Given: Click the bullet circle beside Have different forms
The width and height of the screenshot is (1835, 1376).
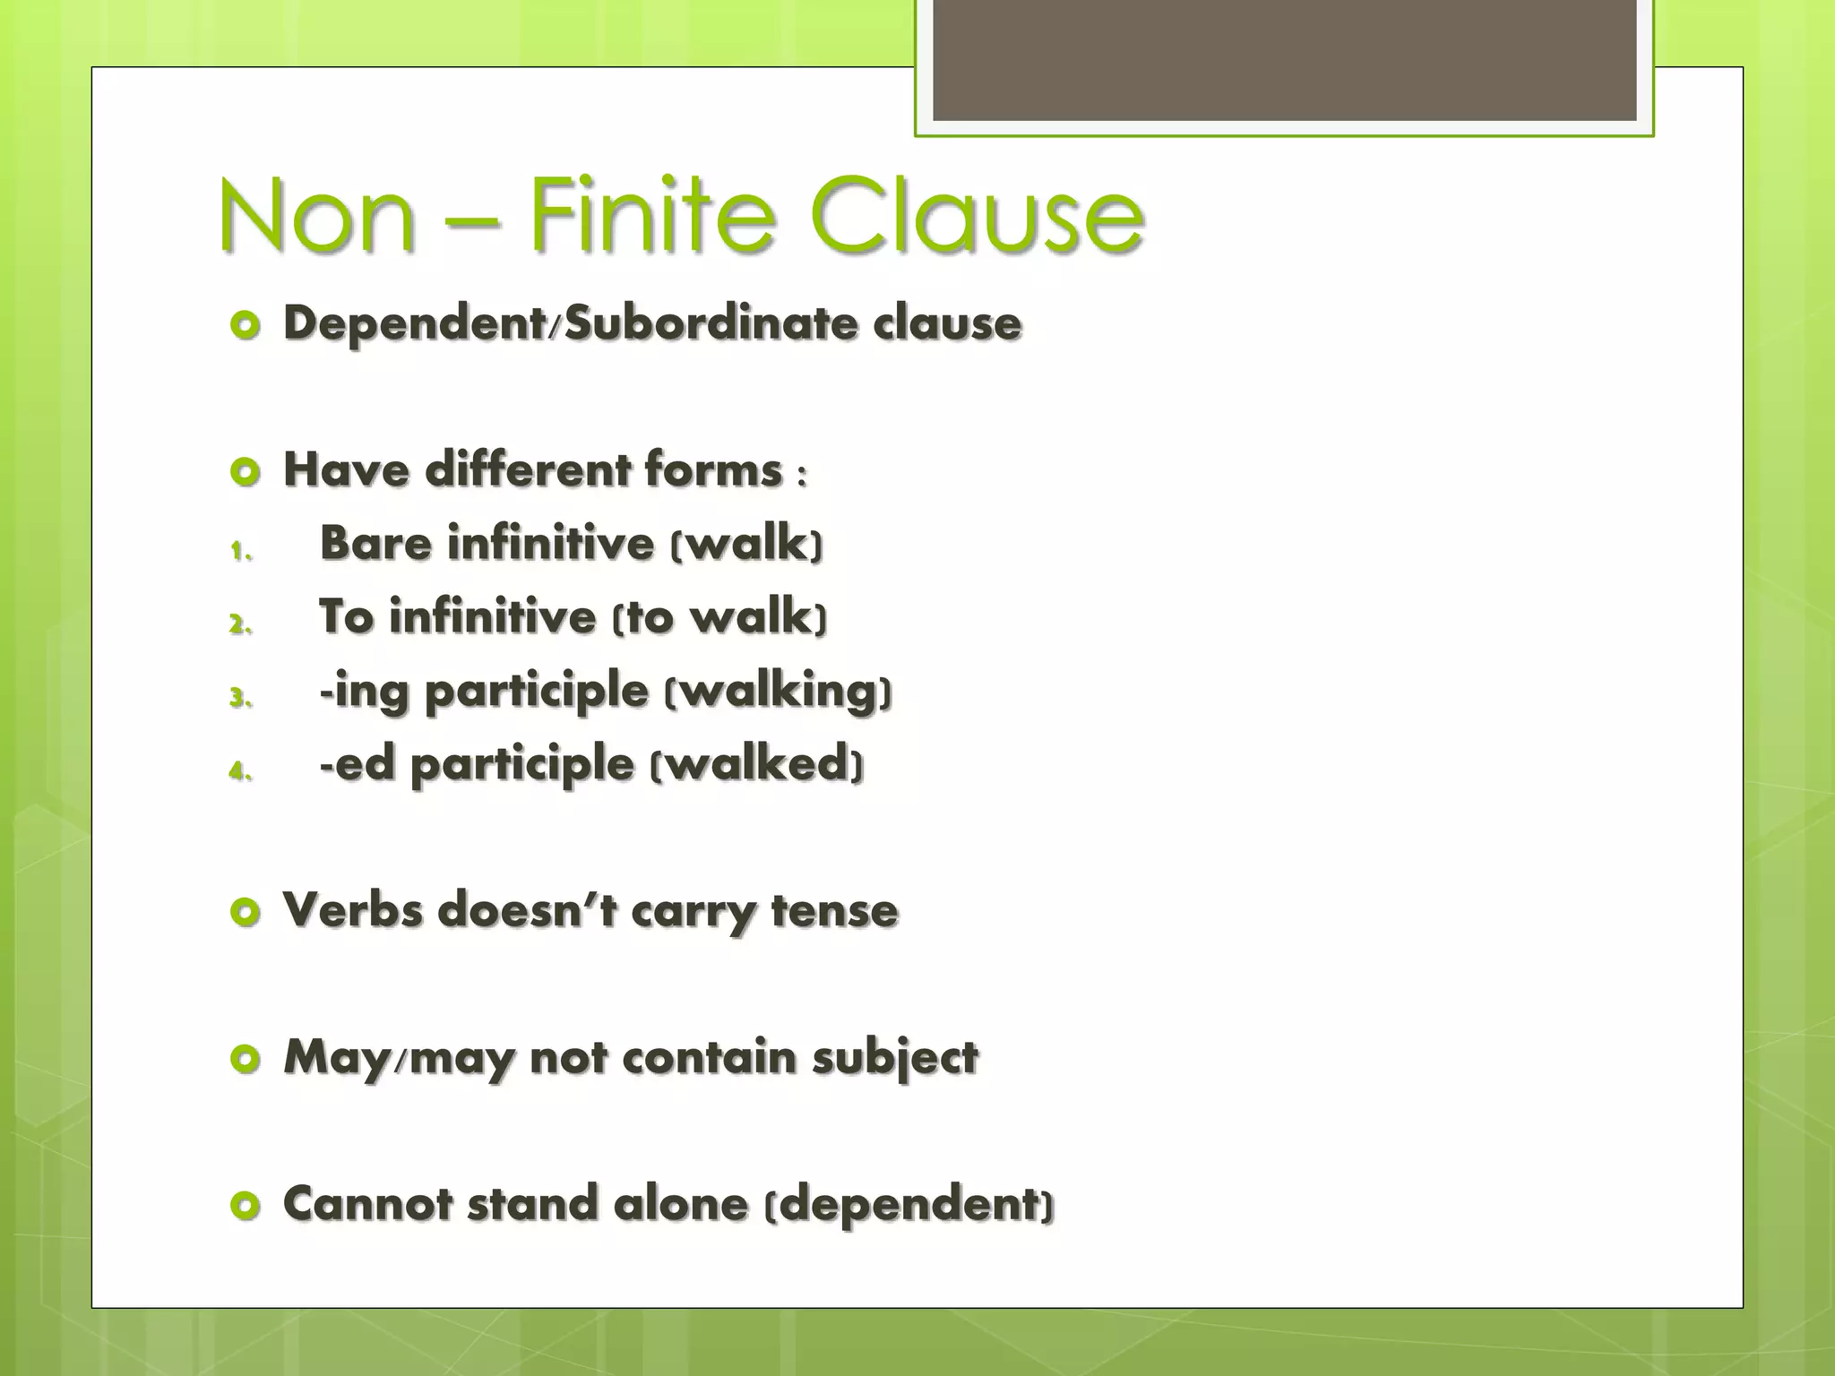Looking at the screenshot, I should click(245, 470).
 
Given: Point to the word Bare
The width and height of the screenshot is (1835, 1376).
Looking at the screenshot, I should click(376, 543).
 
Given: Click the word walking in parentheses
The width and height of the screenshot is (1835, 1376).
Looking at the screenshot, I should click(778, 692).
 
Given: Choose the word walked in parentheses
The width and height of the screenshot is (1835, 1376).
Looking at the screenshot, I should click(757, 764).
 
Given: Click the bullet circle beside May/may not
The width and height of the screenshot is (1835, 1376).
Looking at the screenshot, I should click(245, 1060).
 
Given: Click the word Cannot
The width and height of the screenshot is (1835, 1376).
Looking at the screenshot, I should click(367, 1203).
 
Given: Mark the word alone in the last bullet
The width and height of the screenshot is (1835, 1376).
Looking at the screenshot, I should click(681, 1203).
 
